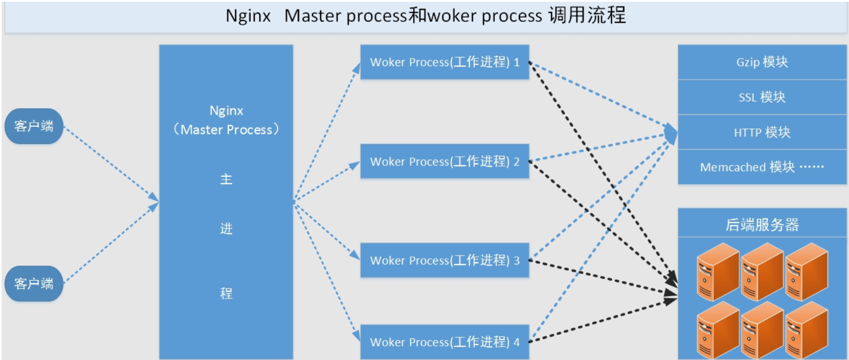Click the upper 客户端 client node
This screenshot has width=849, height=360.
(34, 126)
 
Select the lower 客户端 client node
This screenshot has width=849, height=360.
(34, 283)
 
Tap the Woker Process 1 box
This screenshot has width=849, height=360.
(444, 62)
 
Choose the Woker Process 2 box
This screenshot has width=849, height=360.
(444, 161)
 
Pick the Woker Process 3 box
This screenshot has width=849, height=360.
(444, 260)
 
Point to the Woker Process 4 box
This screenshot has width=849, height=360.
(444, 342)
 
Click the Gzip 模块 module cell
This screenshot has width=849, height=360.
(762, 62)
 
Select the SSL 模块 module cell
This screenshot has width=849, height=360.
(762, 97)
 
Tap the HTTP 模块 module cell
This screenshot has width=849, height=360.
(762, 132)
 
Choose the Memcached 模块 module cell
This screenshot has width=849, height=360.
(762, 167)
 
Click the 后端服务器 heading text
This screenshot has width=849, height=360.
(762, 225)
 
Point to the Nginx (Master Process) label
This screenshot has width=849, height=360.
(226, 120)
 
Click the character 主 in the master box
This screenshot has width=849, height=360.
(226, 179)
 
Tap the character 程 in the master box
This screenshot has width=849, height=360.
(226, 293)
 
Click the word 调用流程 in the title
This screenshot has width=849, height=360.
(587, 16)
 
